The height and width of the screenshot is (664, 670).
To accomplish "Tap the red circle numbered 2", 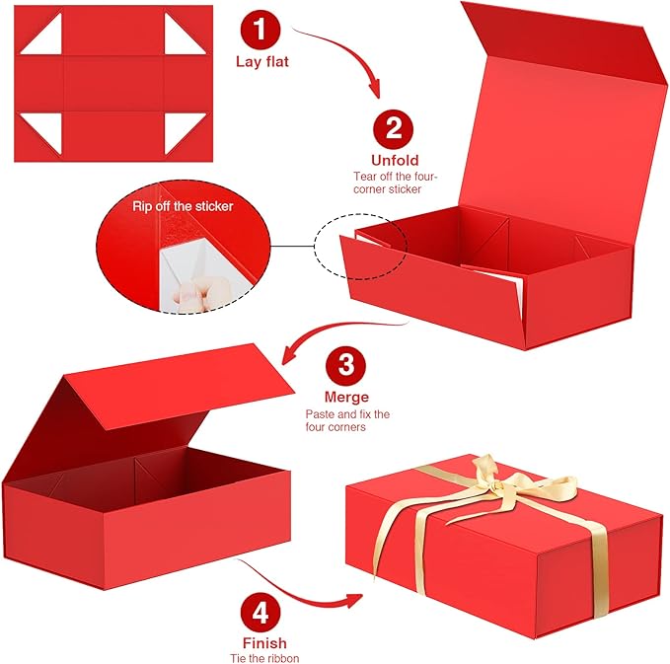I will [x=394, y=127].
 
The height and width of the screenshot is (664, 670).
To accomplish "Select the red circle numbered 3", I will [x=345, y=365].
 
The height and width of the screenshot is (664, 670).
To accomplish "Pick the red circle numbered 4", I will [x=261, y=612].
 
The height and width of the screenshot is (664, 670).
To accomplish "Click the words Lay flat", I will [x=260, y=61].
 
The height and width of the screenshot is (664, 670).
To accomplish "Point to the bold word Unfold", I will [x=395, y=160].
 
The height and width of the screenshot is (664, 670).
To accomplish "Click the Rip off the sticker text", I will [x=183, y=207].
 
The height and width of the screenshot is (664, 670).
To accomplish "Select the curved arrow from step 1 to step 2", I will [x=340, y=59].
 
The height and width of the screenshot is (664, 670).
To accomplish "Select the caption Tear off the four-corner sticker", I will [x=395, y=183].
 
